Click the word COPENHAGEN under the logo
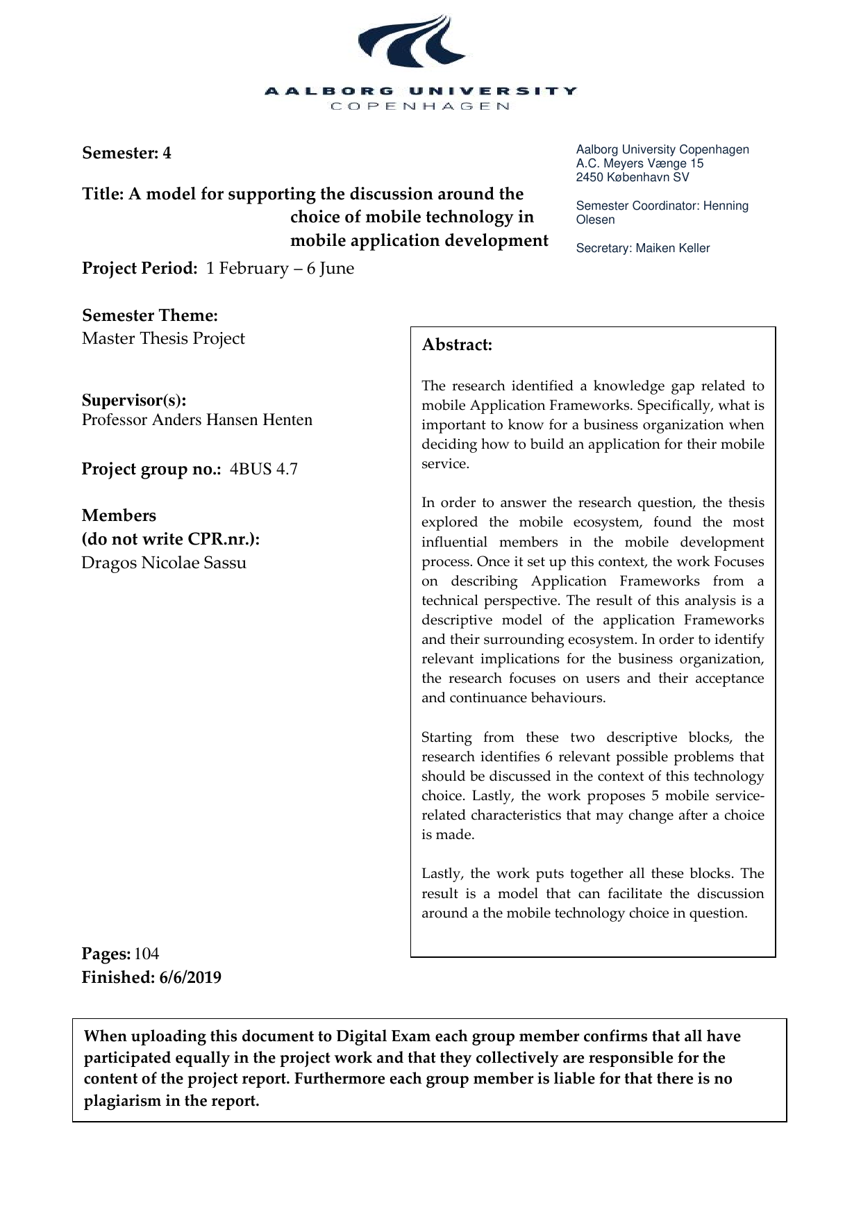[421, 106]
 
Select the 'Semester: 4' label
[126, 153]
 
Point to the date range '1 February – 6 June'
[280, 268]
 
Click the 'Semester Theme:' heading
[150, 315]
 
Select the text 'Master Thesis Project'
[163, 338]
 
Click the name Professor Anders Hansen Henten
[197, 420]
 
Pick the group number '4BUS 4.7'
[264, 469]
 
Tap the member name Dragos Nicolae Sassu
[164, 563]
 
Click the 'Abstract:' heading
[457, 345]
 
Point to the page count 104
[147, 954]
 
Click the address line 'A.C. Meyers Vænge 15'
[640, 163]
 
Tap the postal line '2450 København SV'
[633, 177]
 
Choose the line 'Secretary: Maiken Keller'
[643, 248]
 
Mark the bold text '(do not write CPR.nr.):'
[171, 539]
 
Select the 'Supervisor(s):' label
[134, 400]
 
